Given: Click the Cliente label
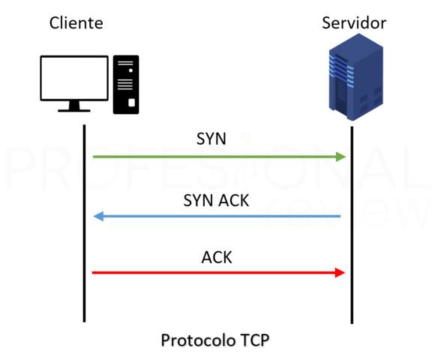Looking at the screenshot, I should [76, 23].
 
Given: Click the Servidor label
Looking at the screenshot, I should [354, 23].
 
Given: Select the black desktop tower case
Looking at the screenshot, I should [126, 84].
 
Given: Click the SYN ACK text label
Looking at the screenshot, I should [216, 200].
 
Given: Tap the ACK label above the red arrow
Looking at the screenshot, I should [217, 257].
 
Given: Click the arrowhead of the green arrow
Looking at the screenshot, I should [341, 157].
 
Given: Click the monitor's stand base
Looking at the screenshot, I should [74, 109].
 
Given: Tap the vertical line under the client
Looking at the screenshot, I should [84, 225].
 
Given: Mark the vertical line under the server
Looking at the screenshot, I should [352, 225].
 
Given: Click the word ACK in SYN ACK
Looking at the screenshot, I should [234, 200].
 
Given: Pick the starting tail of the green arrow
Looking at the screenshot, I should [95, 157].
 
